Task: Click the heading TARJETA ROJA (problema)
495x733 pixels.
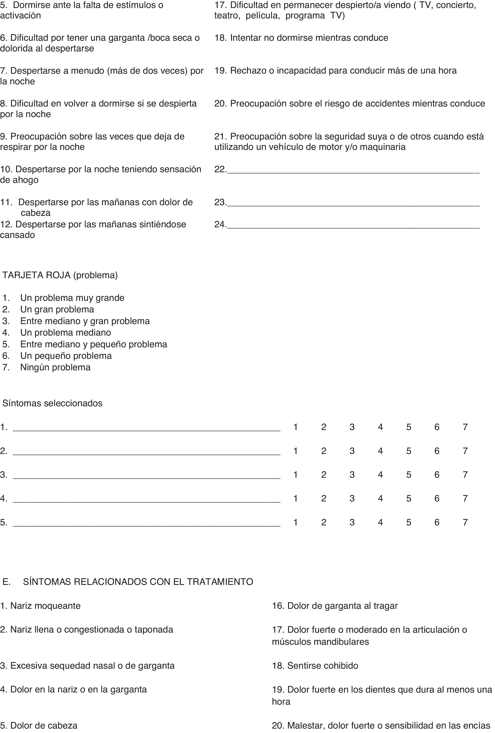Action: pos(60,275)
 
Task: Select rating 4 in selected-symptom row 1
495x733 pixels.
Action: pos(380,427)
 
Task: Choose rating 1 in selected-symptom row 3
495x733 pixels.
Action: pos(295,475)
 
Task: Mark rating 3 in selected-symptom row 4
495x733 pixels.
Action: pos(352,498)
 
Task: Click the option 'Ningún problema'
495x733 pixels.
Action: pos(55,367)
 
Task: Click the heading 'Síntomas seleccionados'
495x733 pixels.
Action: pos(52,403)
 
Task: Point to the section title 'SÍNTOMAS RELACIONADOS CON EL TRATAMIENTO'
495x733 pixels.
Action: pos(138,582)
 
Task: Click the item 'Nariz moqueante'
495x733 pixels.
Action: pos(45,606)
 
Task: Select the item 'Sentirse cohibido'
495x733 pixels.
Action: pos(322,665)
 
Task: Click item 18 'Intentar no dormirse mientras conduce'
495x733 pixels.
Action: pos(309,38)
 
